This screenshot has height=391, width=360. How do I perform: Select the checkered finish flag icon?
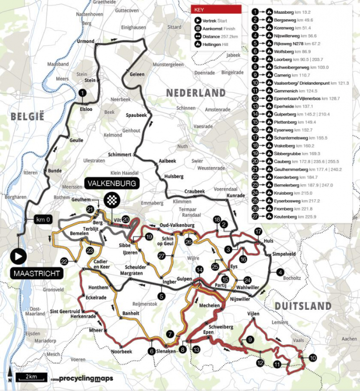pyautogui.click(x=113, y=199)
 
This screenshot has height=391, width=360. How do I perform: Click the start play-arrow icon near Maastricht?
pyautogui.click(x=19, y=256)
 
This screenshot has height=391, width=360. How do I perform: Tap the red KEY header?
pyautogui.click(x=216, y=9)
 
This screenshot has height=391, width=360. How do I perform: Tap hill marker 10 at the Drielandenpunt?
pyautogui.click(x=313, y=358)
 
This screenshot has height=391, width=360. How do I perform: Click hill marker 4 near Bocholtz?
pyautogui.click(x=280, y=272)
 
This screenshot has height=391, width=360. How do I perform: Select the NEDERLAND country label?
pyautogui.click(x=195, y=93)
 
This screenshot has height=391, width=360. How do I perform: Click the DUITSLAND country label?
pyautogui.click(x=303, y=306)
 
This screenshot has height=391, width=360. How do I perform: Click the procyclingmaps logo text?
pyautogui.click(x=72, y=378)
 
